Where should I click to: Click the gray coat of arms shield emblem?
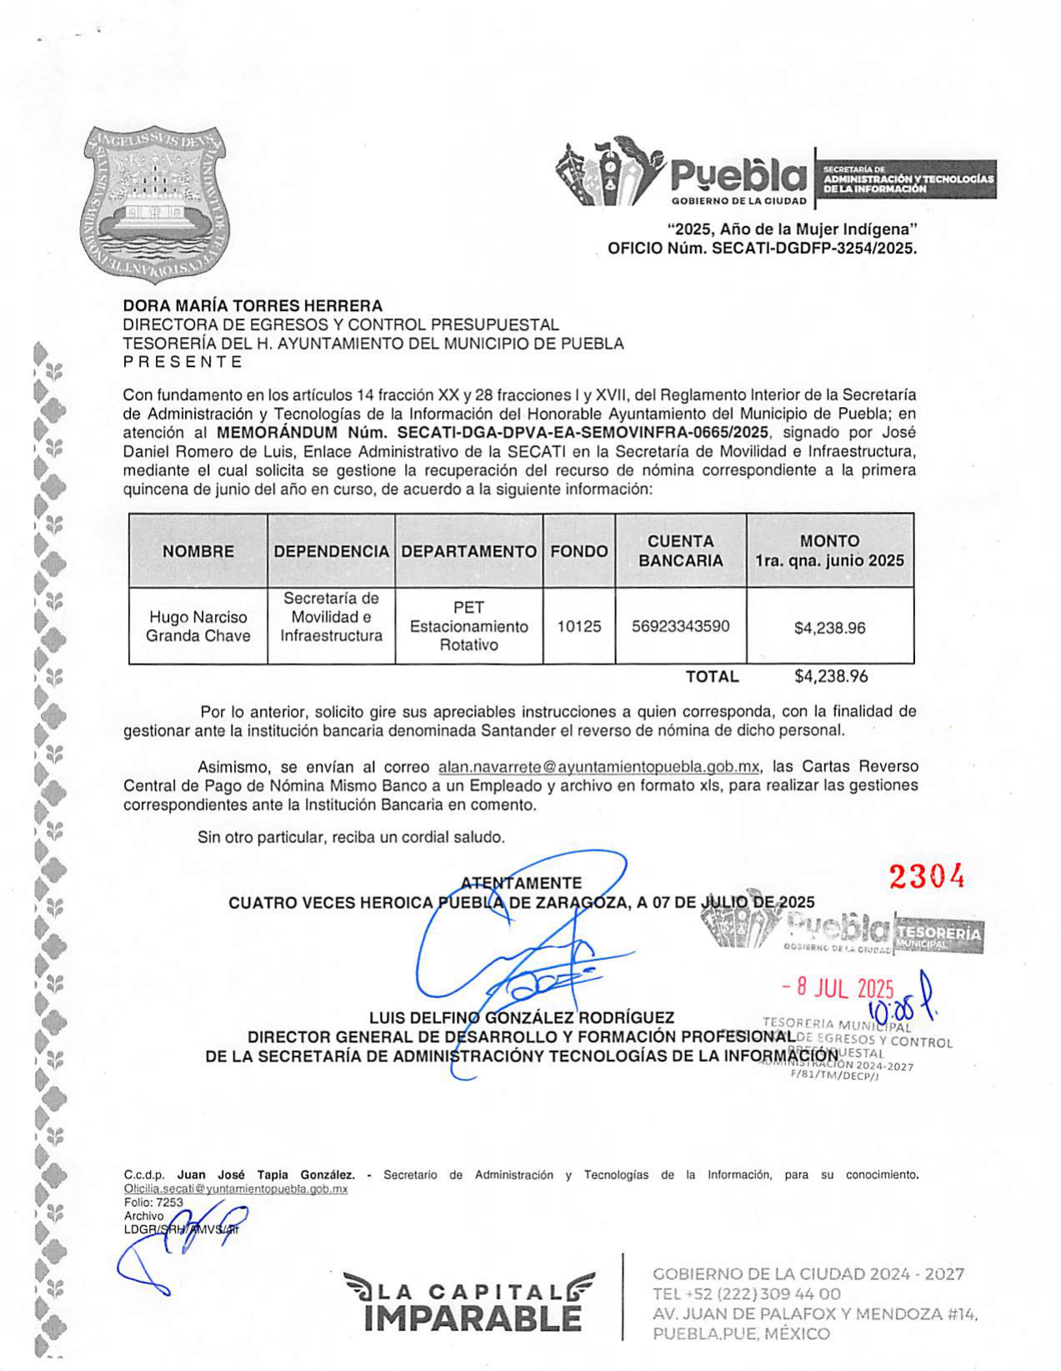tap(156, 203)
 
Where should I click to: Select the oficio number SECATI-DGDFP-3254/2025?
tap(813, 248)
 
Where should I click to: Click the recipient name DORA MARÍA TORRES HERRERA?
tap(253, 306)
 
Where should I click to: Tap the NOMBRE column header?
tap(198, 551)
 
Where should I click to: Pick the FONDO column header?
tap(578, 551)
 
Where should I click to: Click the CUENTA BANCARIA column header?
tap(680, 550)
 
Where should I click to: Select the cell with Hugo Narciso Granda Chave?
tap(198, 626)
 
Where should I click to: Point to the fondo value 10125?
tap(578, 626)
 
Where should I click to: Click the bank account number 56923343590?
tap(680, 626)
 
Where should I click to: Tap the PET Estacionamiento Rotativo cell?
tap(468, 626)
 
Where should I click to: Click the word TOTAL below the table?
tap(712, 676)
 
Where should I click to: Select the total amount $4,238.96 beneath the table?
tap(831, 676)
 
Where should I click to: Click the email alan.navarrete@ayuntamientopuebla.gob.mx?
tap(598, 766)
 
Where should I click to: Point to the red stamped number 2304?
tap(926, 876)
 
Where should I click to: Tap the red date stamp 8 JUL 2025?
tap(838, 989)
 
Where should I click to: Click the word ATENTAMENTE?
tap(521, 883)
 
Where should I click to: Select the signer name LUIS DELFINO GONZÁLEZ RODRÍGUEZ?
tap(522, 1017)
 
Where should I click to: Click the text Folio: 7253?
tap(153, 1202)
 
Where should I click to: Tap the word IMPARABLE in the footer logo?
tap(473, 1318)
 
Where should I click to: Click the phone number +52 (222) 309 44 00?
tap(747, 1294)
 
